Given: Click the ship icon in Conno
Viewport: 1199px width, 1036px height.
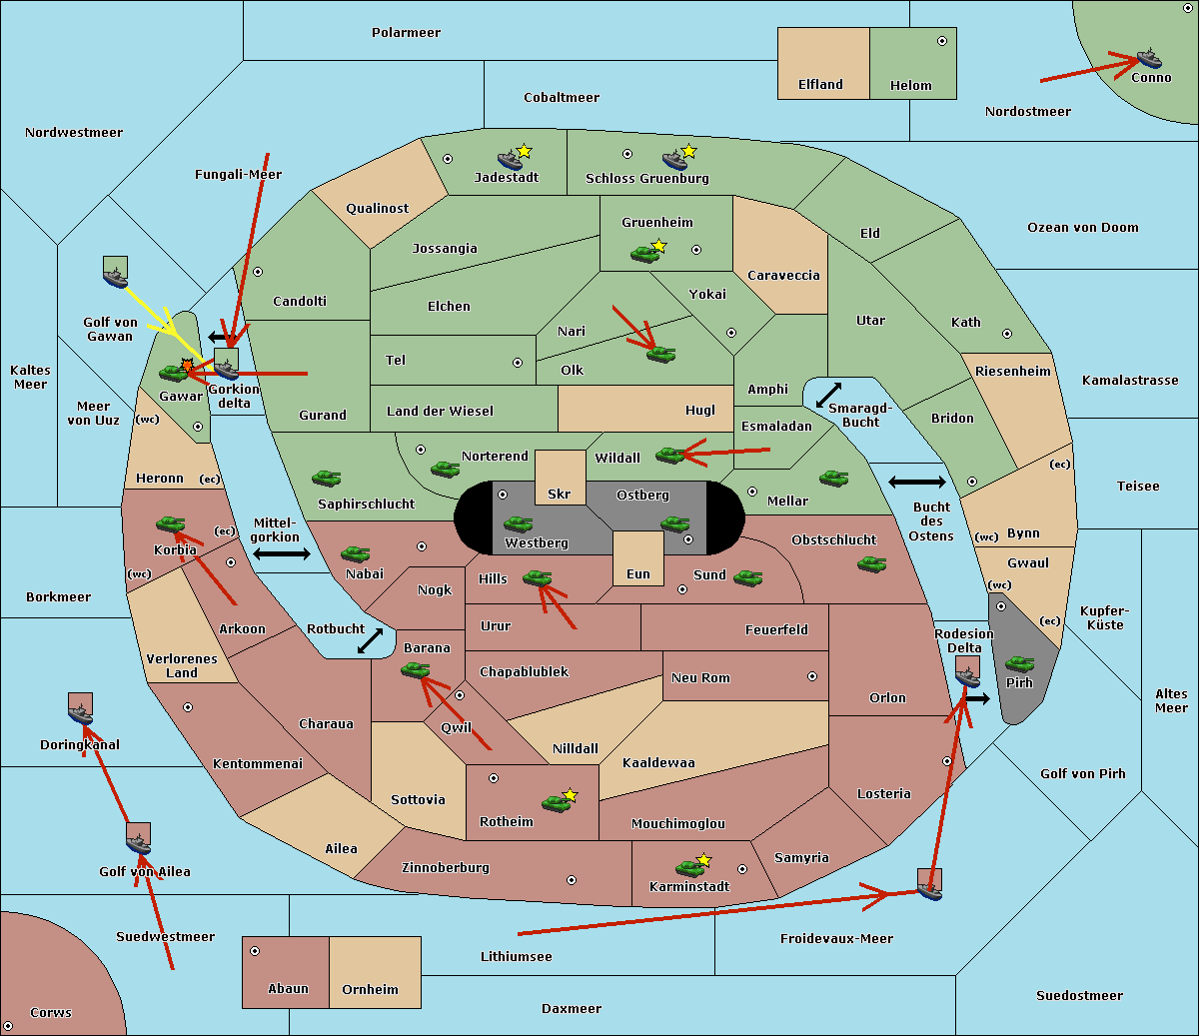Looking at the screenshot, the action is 1148,58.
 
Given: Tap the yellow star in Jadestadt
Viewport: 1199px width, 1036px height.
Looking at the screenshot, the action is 524,152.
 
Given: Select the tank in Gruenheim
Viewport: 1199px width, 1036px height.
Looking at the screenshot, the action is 645,254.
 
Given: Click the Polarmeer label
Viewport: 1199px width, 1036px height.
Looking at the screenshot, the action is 406,33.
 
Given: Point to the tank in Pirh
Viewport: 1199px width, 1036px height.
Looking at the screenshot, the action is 1019,663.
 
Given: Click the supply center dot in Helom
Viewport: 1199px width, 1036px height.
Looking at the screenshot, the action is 942,41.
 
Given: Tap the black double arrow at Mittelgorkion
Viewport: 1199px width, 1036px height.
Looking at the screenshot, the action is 282,553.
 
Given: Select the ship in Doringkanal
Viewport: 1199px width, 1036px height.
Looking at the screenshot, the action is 80,713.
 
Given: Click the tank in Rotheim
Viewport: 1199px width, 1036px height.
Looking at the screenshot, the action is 556,803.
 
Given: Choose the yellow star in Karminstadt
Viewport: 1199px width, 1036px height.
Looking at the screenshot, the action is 703,859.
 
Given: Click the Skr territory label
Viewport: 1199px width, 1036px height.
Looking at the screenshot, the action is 560,494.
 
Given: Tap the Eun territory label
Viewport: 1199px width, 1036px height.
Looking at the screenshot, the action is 638,573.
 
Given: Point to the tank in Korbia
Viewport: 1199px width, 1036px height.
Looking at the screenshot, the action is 171,524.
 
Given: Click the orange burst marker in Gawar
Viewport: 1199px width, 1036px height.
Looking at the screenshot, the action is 187,365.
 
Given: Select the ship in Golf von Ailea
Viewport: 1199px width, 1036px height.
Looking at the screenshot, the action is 138,843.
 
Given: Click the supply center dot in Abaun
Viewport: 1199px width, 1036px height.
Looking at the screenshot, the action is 255,951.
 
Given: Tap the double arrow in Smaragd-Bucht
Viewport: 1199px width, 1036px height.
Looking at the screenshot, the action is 828,395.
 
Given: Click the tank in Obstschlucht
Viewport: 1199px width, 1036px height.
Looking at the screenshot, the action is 872,563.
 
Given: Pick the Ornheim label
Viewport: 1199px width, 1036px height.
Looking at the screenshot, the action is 370,989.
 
